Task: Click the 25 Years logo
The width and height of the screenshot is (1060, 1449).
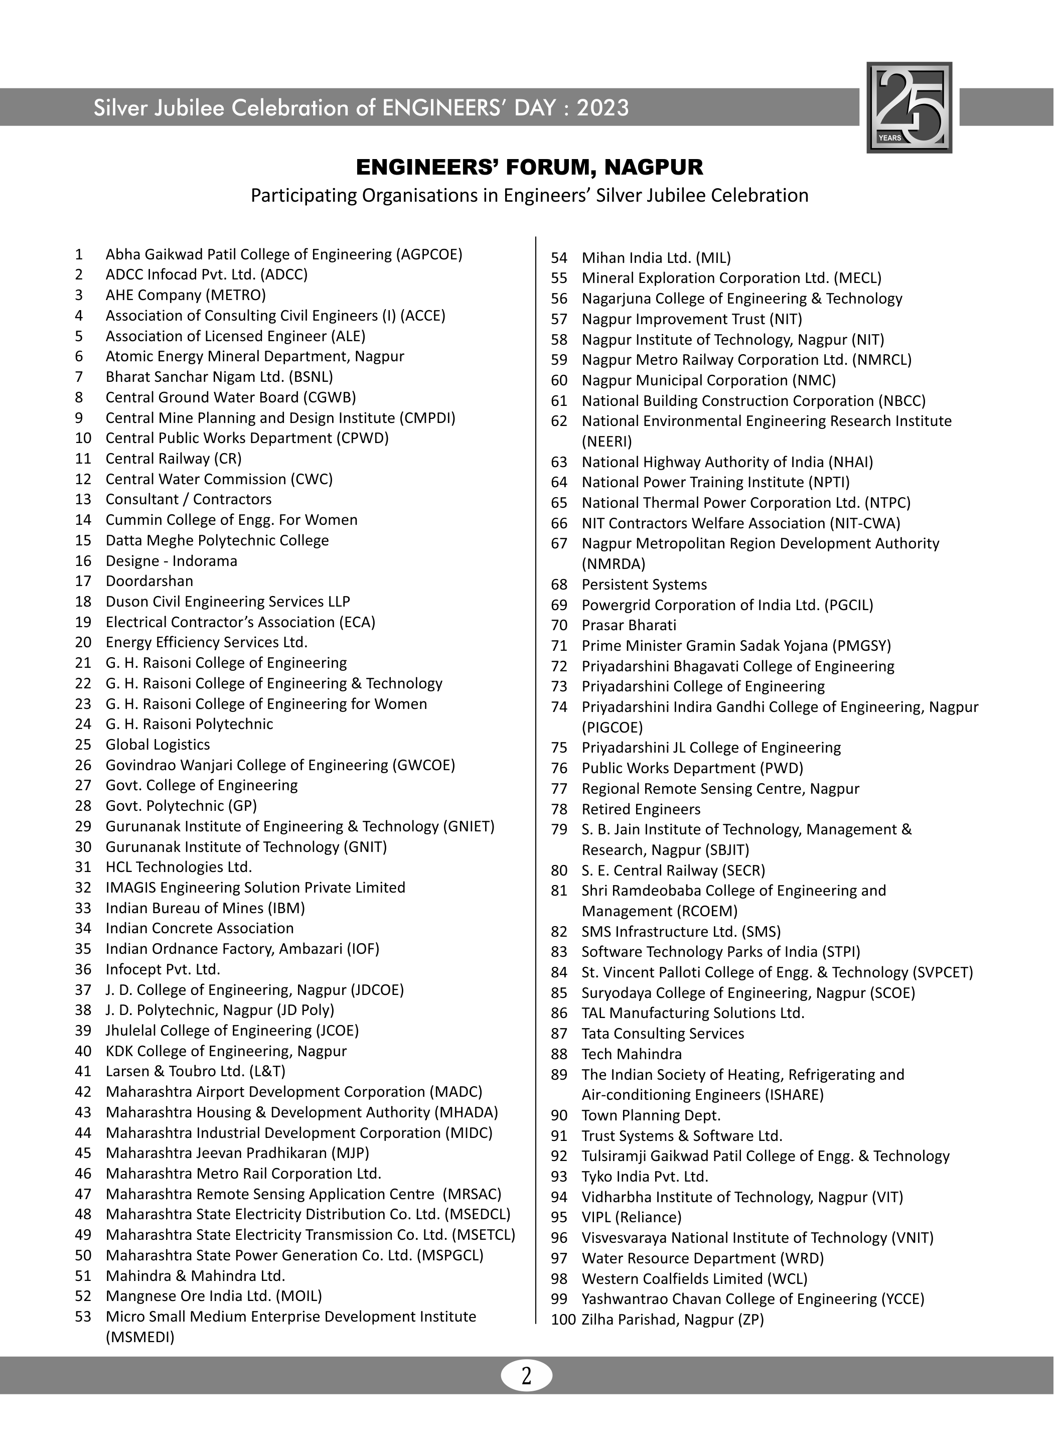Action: coord(908,107)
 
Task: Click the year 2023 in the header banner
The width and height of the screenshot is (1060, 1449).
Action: coord(602,108)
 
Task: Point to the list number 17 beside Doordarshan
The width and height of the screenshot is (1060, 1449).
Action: coord(83,581)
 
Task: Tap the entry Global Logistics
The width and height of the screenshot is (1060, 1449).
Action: coord(158,745)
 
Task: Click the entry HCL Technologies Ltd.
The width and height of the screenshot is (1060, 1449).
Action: coord(179,867)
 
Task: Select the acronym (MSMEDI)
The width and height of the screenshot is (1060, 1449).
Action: coord(140,1337)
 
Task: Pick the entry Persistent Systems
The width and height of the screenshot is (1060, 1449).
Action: coord(644,585)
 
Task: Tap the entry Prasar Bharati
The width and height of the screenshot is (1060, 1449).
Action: coord(629,625)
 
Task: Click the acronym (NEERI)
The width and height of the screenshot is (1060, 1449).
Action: coord(607,442)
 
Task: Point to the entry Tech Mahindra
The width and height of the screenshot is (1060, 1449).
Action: coord(632,1054)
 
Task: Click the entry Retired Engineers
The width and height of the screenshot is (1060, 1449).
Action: coord(641,809)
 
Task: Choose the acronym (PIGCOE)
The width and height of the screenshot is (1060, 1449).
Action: coord(612,727)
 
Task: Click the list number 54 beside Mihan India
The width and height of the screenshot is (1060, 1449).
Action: coord(559,258)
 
